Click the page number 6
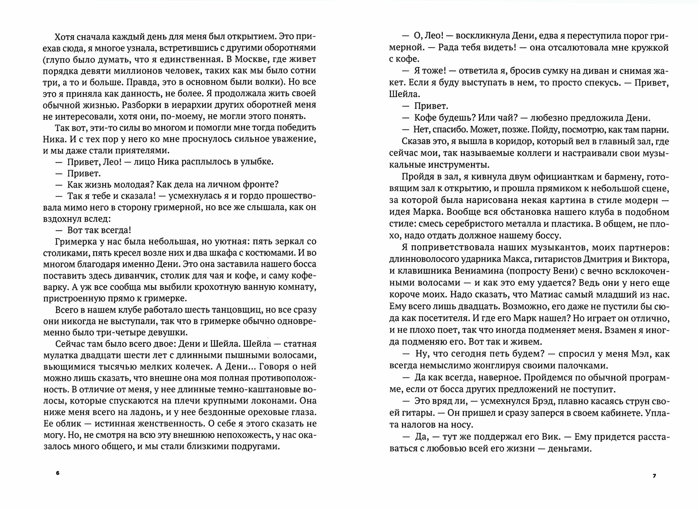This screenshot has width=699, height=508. point(58,473)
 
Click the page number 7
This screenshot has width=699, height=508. point(654,475)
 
